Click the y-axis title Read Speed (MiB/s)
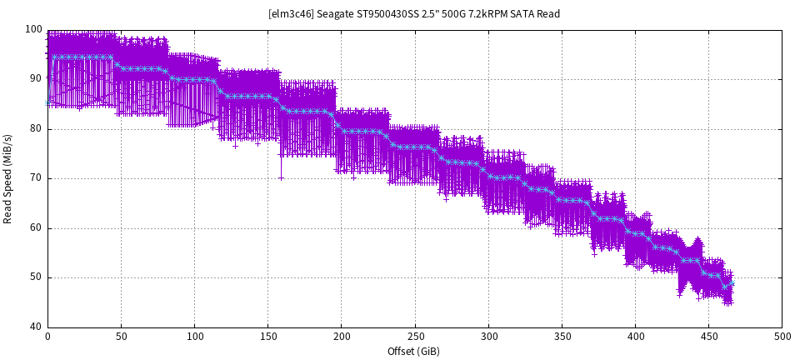coord(8,178)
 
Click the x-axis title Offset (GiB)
coord(413,352)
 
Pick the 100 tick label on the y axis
coord(33,30)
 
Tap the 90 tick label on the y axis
coord(36,79)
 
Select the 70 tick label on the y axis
coord(36,178)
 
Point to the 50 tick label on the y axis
coord(36,277)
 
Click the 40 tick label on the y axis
coord(36,327)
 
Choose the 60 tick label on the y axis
coord(36,228)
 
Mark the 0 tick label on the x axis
coord(47,337)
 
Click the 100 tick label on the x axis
coord(194,337)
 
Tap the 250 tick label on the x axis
coord(415,337)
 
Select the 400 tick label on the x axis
coord(635,337)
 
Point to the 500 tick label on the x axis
coord(782,337)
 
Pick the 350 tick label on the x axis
coord(562,337)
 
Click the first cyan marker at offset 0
coord(47,102)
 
